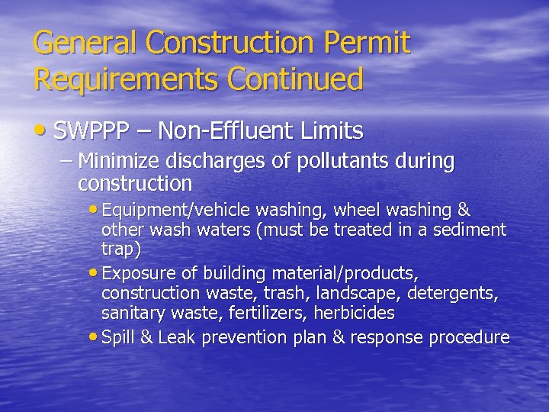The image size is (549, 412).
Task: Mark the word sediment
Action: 472,230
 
